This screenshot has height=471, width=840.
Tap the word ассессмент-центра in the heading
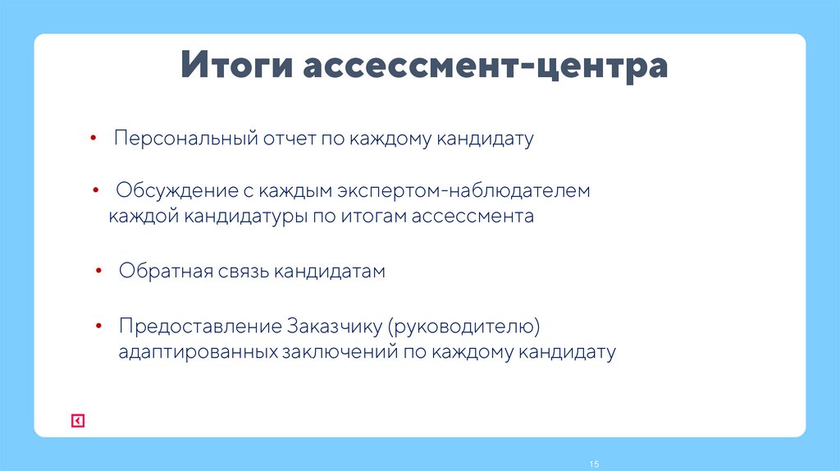pyautogui.click(x=485, y=66)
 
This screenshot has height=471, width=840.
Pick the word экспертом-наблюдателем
pyautogui.click(x=462, y=191)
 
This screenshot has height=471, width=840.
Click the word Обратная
pyautogui.click(x=166, y=272)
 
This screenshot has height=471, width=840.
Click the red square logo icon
pyautogui.click(x=77, y=421)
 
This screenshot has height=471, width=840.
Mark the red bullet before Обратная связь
pyautogui.click(x=98, y=270)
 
